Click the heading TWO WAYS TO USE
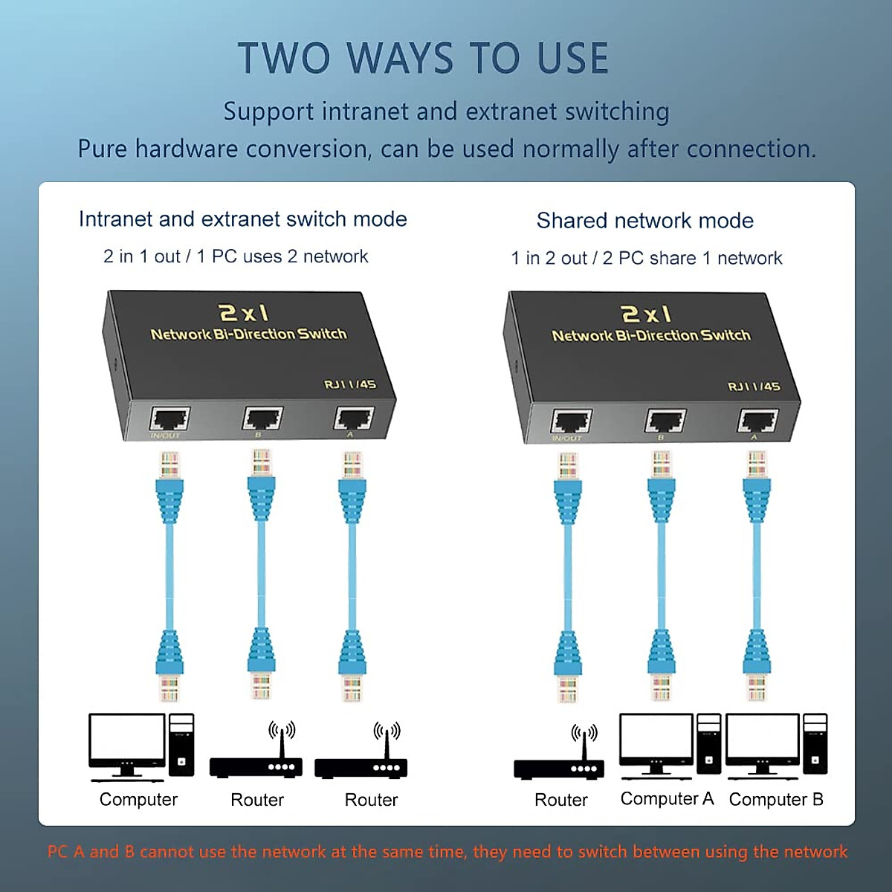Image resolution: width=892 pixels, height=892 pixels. click(x=424, y=59)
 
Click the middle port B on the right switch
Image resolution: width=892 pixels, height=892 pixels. click(x=665, y=421)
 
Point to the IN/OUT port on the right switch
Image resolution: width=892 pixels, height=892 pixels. click(x=571, y=421)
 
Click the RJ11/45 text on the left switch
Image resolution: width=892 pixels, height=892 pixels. click(x=349, y=384)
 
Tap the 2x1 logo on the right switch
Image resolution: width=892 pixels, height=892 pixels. click(x=646, y=314)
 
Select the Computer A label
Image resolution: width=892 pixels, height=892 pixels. click(x=667, y=798)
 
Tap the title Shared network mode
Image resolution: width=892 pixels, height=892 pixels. click(x=644, y=221)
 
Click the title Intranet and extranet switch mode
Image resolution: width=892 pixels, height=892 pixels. click(x=242, y=219)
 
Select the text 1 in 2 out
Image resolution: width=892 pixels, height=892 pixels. click(x=549, y=258)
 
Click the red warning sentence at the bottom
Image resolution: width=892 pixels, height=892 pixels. click(x=447, y=852)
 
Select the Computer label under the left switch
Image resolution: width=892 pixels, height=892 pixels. click(x=138, y=800)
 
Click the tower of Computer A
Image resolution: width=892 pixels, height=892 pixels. click(x=708, y=744)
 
